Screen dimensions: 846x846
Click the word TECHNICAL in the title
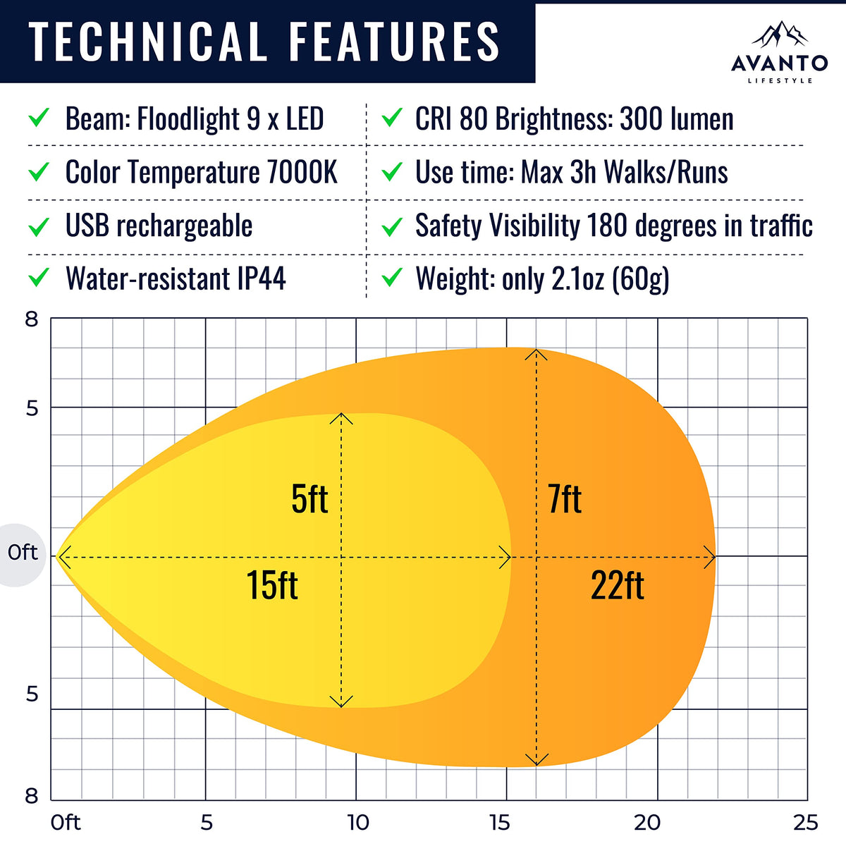click(x=147, y=41)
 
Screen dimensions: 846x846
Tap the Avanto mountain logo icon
click(x=779, y=35)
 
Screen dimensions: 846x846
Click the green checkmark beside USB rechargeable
click(x=39, y=226)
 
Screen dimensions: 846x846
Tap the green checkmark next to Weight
click(x=391, y=278)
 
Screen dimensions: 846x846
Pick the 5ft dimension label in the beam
click(x=309, y=499)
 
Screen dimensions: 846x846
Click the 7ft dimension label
click(x=565, y=499)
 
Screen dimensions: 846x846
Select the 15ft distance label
click(x=272, y=586)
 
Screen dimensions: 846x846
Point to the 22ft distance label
click(x=617, y=586)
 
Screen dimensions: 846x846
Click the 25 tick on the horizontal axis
click(x=805, y=822)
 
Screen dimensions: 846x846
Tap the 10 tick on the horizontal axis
click(x=357, y=822)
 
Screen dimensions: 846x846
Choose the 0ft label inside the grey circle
click(x=23, y=552)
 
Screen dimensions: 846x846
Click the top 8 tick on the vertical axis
click(x=32, y=319)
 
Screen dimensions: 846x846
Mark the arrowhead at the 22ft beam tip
click(x=711, y=557)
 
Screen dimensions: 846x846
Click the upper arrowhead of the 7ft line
click(x=537, y=354)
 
